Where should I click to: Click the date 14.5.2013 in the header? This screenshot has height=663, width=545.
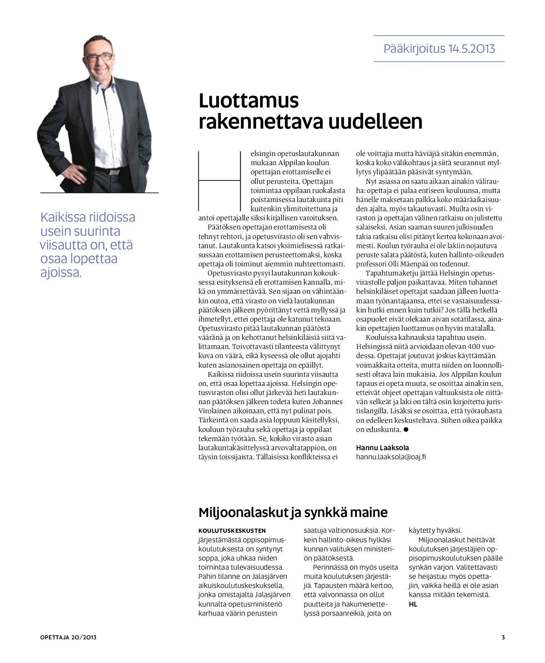[472, 49]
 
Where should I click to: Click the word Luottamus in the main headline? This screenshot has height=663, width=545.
[249, 101]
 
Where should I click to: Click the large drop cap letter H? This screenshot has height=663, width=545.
[220, 181]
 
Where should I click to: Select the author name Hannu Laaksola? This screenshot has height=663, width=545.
[382, 448]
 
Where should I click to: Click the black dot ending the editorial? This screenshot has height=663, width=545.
[406, 430]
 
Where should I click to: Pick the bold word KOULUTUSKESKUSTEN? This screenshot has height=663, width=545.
[232, 531]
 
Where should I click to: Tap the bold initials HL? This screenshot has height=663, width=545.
[413, 604]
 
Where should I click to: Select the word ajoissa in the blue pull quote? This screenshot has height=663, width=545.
[60, 273]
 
